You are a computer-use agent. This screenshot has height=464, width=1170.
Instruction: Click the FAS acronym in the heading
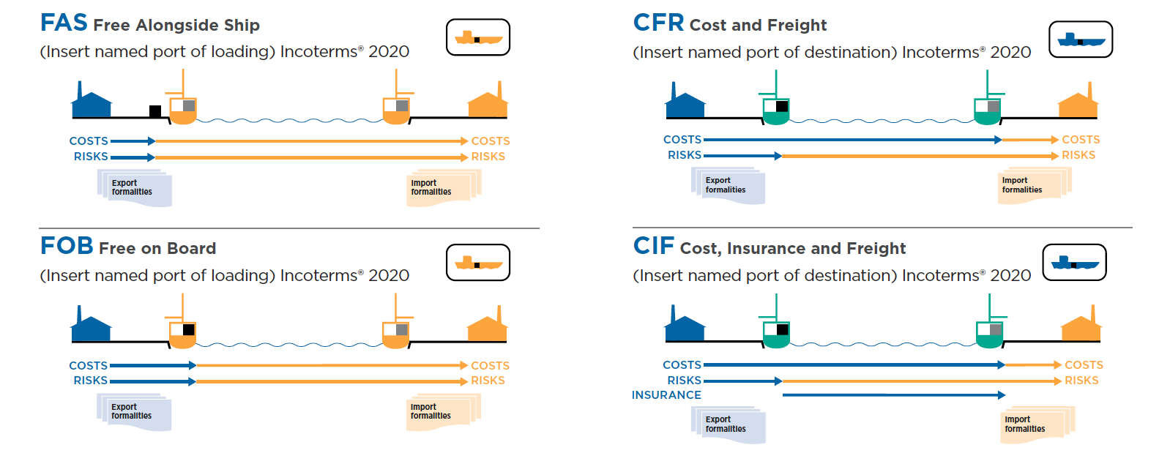[64, 23]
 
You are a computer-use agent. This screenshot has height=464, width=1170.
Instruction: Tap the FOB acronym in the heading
[67, 246]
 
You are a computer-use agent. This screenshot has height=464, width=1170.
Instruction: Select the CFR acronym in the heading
[658, 23]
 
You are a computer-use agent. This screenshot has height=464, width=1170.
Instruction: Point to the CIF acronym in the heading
[653, 246]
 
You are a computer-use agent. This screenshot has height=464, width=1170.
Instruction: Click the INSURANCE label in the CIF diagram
[666, 395]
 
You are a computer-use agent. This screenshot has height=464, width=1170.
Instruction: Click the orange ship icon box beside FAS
[478, 37]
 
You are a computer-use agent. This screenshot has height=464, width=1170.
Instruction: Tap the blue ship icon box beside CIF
[1074, 262]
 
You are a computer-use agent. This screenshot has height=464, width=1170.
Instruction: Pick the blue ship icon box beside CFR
[1081, 40]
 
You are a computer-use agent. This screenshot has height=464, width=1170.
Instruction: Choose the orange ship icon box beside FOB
[478, 263]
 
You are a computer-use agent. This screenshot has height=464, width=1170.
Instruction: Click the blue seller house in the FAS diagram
[92, 103]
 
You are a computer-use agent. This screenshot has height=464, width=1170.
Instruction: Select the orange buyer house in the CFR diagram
[1078, 105]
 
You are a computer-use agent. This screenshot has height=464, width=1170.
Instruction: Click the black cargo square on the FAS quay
[155, 111]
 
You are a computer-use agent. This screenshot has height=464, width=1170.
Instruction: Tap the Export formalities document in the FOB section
[134, 412]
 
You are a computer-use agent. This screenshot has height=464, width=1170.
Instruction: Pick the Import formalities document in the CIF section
[1034, 425]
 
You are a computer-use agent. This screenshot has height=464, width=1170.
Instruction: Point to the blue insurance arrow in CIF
[893, 395]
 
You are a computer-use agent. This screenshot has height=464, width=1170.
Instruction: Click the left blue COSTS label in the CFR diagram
[682, 140]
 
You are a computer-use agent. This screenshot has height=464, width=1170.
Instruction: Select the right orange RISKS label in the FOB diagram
[488, 381]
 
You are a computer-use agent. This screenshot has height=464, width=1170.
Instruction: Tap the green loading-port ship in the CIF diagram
[775, 334]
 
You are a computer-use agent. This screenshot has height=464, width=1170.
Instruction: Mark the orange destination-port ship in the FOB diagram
[396, 333]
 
